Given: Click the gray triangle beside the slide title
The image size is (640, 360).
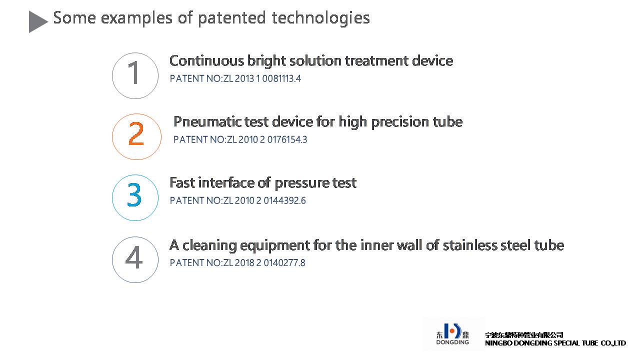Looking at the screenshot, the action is [x=37, y=21].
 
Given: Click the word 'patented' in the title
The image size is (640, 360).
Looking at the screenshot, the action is [x=231, y=18].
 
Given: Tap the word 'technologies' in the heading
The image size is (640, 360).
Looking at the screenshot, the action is [x=321, y=18].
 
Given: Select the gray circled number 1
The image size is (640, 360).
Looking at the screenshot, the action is [x=135, y=75].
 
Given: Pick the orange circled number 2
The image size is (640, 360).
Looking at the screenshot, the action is [x=136, y=136].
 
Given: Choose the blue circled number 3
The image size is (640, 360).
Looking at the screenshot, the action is [x=135, y=197].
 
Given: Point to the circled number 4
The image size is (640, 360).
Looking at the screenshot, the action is [x=135, y=259].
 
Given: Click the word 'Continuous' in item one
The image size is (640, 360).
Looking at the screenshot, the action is [x=207, y=60].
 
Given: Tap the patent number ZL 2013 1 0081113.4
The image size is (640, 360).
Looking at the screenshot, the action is [x=262, y=78].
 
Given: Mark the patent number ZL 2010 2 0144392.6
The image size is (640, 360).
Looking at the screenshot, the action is [x=264, y=200].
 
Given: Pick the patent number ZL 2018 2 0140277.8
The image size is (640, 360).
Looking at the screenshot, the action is [x=264, y=263].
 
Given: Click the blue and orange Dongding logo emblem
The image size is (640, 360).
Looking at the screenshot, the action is [x=452, y=331].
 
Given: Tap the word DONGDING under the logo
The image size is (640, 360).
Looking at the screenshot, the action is [x=452, y=342].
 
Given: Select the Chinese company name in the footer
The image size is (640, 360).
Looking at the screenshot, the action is [x=524, y=335].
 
